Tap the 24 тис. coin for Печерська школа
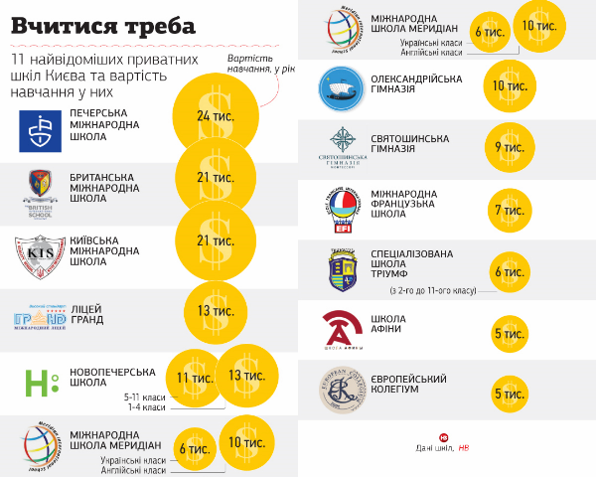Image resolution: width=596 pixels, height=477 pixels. tap(215, 117)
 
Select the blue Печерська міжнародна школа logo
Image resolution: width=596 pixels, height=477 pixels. tap(40, 130)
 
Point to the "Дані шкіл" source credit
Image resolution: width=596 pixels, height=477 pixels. tap(437, 448)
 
